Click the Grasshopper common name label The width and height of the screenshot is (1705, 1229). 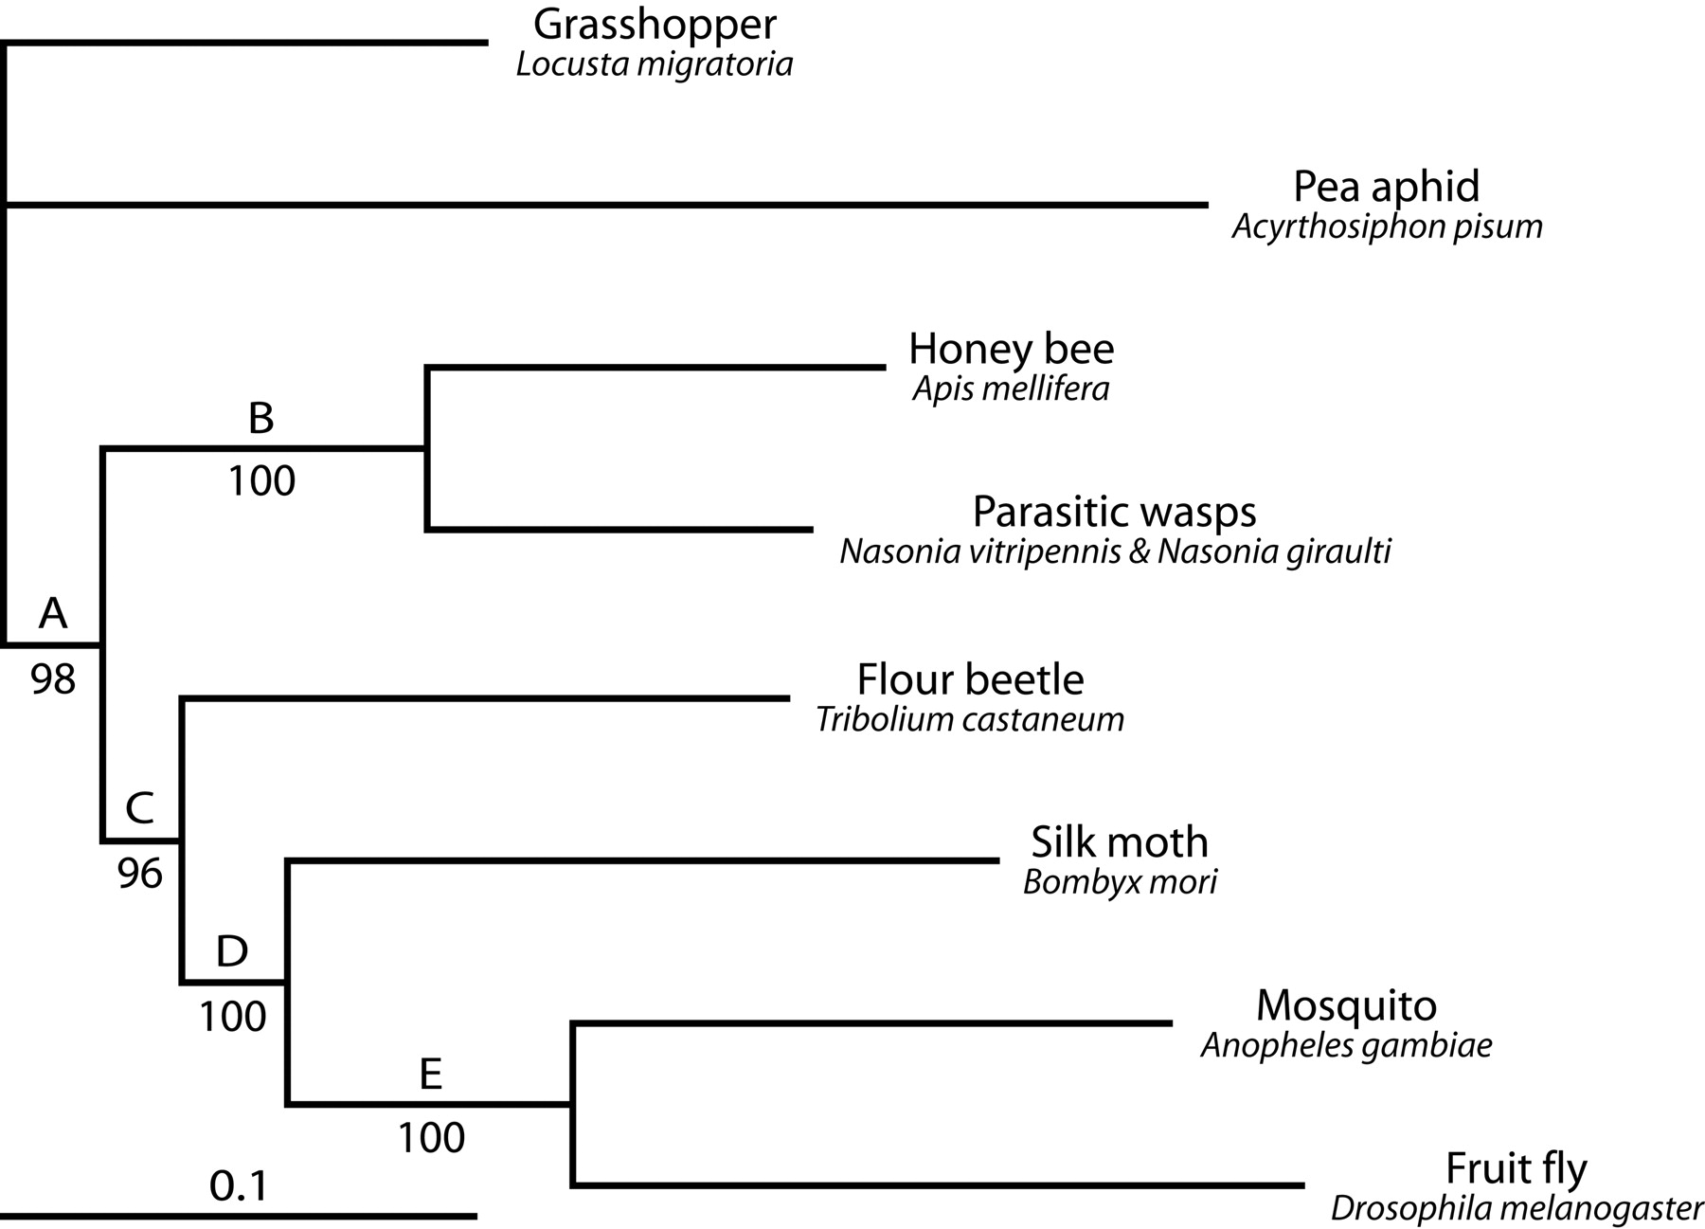coord(655,26)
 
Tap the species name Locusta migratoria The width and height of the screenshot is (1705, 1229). coord(655,64)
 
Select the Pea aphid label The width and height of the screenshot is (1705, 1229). coord(1386,187)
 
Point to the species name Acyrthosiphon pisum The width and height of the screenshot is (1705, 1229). coord(1387,226)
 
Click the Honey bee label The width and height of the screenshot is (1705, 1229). coord(1011,349)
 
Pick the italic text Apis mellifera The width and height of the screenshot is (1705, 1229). coord(1011,389)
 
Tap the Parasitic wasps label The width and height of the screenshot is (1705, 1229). coord(1114,512)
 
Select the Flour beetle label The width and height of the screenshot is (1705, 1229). coord(970,679)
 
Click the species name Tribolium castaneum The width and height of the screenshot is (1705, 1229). coord(970,719)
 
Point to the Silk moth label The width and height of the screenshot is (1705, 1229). coord(1120,841)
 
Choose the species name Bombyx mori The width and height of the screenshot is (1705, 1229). coord(1120,882)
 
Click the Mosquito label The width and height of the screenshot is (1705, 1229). coord(1346,1004)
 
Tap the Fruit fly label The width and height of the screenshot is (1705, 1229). coord(1516,1168)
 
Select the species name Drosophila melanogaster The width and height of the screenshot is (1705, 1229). coord(1517,1208)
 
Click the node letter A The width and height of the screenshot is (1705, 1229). coord(53,614)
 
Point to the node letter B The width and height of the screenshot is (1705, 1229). coord(260,418)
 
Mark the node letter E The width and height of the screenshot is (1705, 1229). coord(430,1075)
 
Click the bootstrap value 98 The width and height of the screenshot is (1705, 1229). coord(53,678)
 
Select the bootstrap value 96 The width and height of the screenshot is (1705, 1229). coord(140,874)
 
